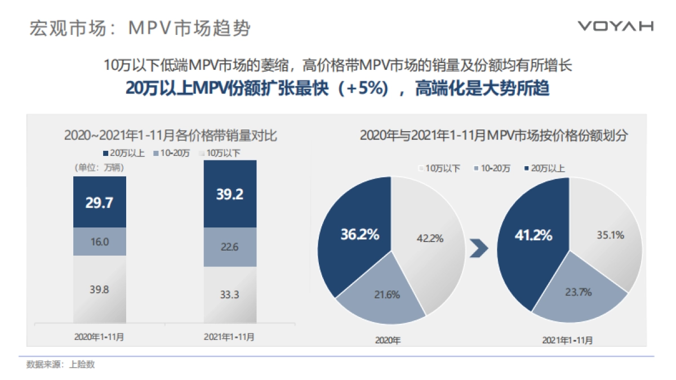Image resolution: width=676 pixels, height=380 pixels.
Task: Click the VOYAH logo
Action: [x=615, y=26]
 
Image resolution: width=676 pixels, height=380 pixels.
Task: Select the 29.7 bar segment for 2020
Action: [x=99, y=203]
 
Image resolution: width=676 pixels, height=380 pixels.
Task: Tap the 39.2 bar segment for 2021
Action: [x=230, y=194]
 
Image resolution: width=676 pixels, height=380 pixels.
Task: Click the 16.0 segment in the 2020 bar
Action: [x=99, y=242]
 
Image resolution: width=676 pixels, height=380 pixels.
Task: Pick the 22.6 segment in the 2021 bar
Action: [x=230, y=247]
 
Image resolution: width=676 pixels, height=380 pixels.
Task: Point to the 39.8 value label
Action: [x=99, y=289]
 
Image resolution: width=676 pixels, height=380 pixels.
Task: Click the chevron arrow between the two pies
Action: [x=479, y=249]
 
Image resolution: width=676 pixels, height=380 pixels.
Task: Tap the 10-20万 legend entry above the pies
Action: [x=493, y=168]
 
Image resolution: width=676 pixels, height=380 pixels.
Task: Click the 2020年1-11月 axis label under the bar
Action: [x=99, y=337]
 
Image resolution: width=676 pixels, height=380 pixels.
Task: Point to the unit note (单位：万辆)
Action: [x=97, y=167]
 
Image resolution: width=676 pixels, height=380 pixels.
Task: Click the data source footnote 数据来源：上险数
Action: [x=60, y=364]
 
